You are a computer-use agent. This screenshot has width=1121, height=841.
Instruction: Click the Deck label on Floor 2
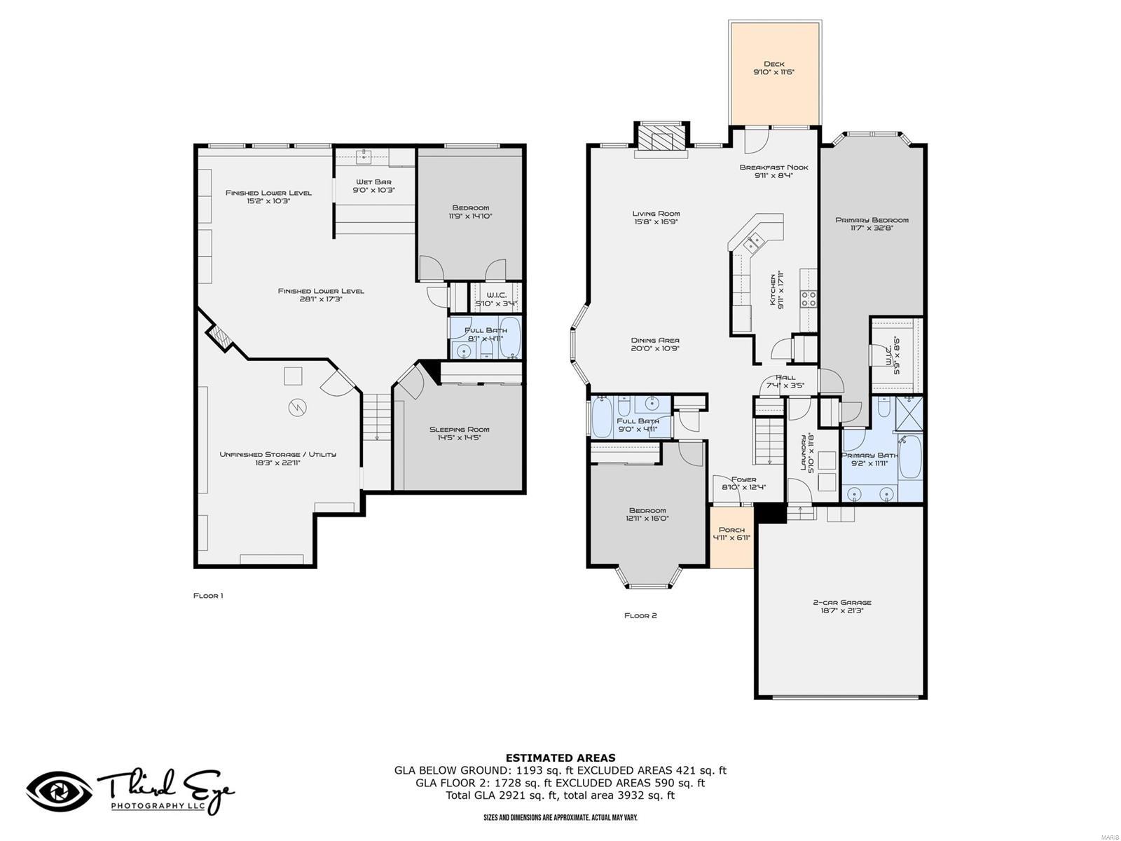pos(773,64)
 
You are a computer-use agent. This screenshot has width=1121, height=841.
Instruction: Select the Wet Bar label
pos(373,182)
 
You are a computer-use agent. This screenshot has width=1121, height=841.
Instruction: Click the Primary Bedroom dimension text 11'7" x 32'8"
pos(872,228)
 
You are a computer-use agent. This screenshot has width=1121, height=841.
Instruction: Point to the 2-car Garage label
pos(841,602)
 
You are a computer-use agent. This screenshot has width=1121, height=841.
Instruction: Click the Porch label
pos(731,529)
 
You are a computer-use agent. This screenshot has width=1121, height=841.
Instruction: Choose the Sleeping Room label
pos(459,429)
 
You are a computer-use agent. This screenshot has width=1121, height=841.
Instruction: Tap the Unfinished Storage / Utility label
pos(277,454)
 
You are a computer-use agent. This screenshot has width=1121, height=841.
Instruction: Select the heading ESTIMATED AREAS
pos(560,758)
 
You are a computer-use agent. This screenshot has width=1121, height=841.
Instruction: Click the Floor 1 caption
pos(208,596)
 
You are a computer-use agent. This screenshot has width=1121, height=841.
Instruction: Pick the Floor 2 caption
pos(640,615)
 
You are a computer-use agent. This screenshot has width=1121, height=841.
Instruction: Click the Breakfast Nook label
pos(773,167)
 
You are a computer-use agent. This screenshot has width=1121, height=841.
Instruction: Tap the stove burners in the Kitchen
pos(808,299)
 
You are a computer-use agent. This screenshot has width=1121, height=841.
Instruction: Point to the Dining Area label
pos(655,340)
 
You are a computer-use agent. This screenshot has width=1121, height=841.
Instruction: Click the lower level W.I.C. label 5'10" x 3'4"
pos(495,295)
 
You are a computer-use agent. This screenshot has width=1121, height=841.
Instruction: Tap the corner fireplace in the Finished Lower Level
pos(219,334)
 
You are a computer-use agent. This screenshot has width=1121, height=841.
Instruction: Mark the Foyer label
pos(743,479)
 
